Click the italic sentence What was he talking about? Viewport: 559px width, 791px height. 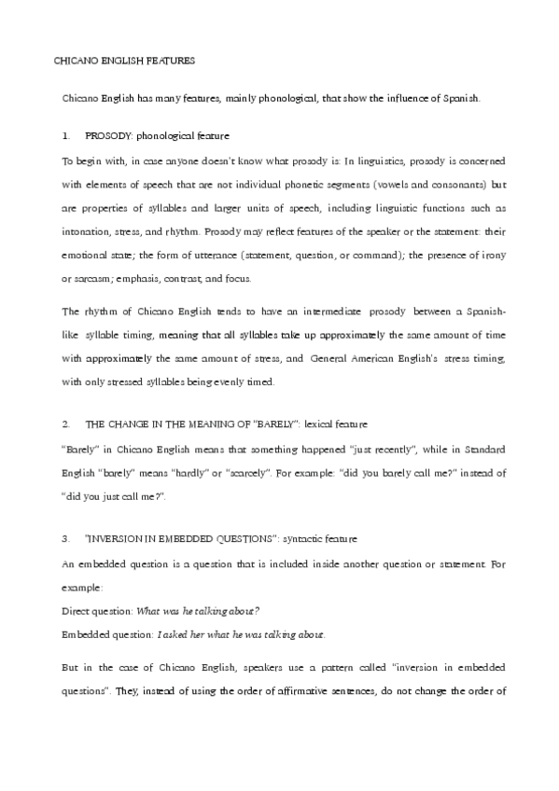click(198, 611)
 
